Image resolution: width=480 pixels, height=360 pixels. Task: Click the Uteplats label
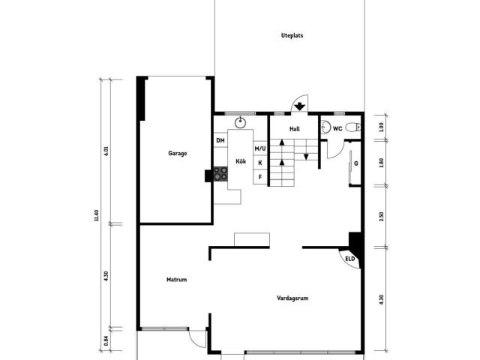tap(292, 35)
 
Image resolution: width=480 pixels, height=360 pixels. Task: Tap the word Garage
tap(178, 153)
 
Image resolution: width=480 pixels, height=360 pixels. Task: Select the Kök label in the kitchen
tap(241, 162)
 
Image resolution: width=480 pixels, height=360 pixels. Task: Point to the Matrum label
tap(176, 280)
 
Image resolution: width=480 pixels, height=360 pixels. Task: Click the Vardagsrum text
tap(292, 298)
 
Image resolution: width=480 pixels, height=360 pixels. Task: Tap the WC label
tap(337, 128)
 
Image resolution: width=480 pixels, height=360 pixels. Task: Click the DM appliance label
tap(220, 140)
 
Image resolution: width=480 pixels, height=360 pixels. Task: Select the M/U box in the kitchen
tap(260, 148)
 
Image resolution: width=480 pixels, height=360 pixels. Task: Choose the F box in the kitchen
tap(260, 177)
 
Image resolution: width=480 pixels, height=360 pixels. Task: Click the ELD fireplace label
tap(349, 259)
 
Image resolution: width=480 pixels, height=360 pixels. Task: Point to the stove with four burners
tap(220, 174)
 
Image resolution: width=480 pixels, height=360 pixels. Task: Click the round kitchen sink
tap(241, 123)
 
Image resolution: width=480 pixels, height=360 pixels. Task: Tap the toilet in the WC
tap(355, 127)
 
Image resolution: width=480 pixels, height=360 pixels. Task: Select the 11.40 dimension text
tap(97, 215)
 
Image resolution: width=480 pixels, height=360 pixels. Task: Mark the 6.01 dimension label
tap(106, 150)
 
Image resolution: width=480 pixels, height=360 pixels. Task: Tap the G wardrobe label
tap(355, 163)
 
